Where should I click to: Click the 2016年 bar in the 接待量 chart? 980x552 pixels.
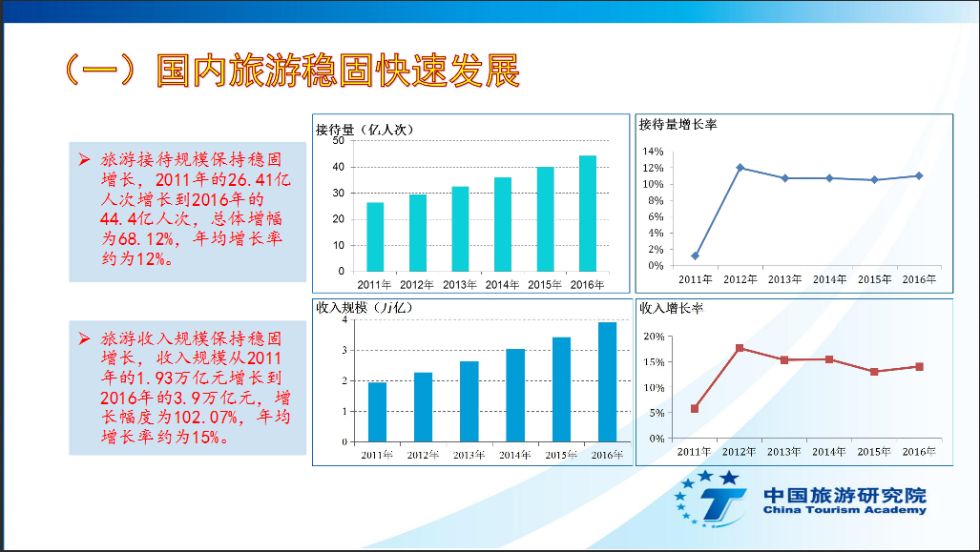click(587, 214)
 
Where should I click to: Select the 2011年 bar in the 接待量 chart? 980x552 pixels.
click(375, 236)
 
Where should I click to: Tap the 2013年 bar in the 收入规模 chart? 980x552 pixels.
click(469, 401)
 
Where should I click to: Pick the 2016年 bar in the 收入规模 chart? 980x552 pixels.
click(607, 382)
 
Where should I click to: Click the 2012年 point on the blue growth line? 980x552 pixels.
click(740, 168)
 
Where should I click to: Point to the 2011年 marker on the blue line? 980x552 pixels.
click(695, 256)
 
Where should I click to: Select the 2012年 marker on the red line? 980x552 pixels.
click(740, 348)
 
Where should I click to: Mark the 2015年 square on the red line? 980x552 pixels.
click(874, 371)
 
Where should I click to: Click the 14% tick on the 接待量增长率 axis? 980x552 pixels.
click(652, 152)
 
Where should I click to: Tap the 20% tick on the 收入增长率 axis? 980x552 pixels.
click(652, 337)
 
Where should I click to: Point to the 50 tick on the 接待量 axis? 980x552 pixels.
click(338, 141)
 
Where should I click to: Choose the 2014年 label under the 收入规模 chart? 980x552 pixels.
click(515, 454)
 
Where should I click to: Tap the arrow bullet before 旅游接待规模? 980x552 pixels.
click(85, 157)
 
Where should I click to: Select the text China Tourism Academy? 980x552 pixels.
click(844, 510)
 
